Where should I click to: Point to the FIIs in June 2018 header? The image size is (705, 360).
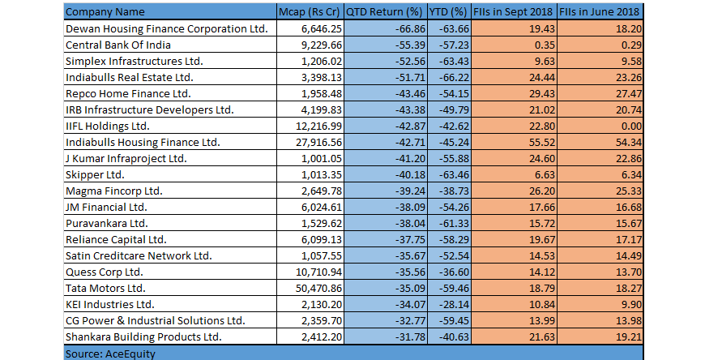tap(600, 13)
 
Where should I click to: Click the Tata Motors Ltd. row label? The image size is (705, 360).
tap(105, 288)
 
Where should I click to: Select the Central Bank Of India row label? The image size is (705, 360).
tap(113, 45)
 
